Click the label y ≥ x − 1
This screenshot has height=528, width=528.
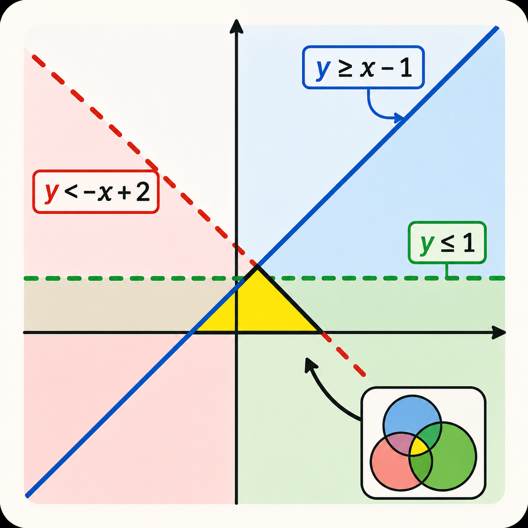[363, 67]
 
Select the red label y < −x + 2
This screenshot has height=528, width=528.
[96, 192]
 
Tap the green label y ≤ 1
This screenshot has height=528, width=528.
[447, 243]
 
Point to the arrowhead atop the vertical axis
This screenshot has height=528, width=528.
[236, 27]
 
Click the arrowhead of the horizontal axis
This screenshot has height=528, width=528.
[499, 332]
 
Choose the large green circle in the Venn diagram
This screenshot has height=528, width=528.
[443, 457]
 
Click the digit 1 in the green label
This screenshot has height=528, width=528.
[469, 243]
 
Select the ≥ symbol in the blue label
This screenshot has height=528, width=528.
[344, 69]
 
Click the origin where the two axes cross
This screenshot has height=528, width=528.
[236, 332]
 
